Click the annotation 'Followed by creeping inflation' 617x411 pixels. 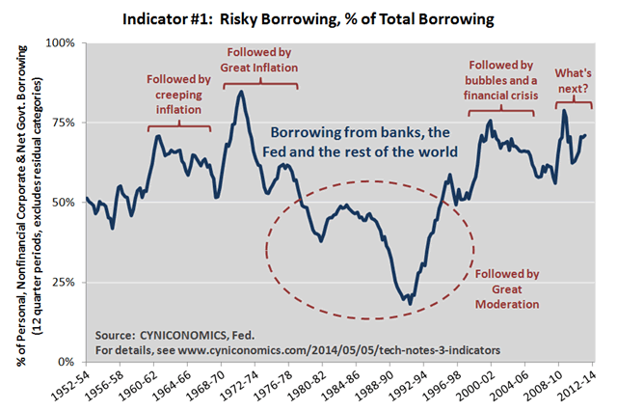176,96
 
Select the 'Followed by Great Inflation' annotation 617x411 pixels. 260,60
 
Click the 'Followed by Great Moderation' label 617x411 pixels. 507,288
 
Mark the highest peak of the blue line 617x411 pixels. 241,92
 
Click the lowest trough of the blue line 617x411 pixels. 410,304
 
